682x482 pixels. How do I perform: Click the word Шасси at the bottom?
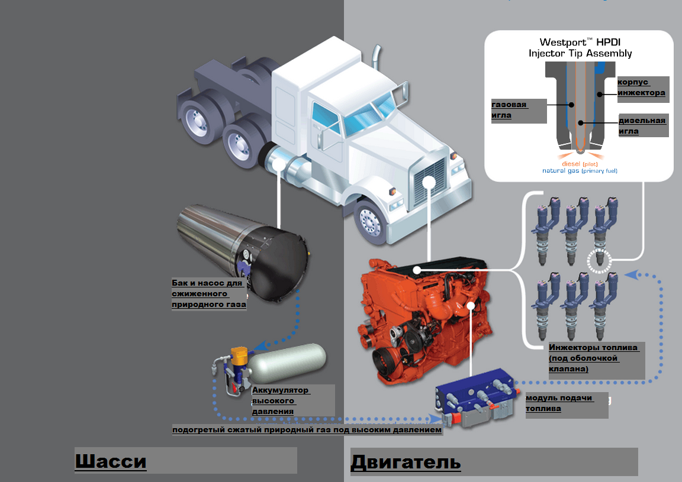(111, 461)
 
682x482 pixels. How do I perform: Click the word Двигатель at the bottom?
(406, 462)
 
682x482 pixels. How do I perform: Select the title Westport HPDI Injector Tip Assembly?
(580, 48)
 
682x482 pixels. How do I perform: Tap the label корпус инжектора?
(641, 88)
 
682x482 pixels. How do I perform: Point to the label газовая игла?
(509, 110)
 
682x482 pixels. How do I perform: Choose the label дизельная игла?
(642, 125)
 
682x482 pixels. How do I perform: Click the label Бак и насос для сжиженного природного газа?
(209, 294)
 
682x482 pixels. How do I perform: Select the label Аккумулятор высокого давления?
(281, 401)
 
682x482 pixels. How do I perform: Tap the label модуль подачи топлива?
(559, 403)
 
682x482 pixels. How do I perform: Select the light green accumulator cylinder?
(287, 363)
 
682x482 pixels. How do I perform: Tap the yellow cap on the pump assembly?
(239, 355)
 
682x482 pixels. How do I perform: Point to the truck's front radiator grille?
(429, 181)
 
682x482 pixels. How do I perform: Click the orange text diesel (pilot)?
(580, 164)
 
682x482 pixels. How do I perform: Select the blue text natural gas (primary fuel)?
(580, 171)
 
